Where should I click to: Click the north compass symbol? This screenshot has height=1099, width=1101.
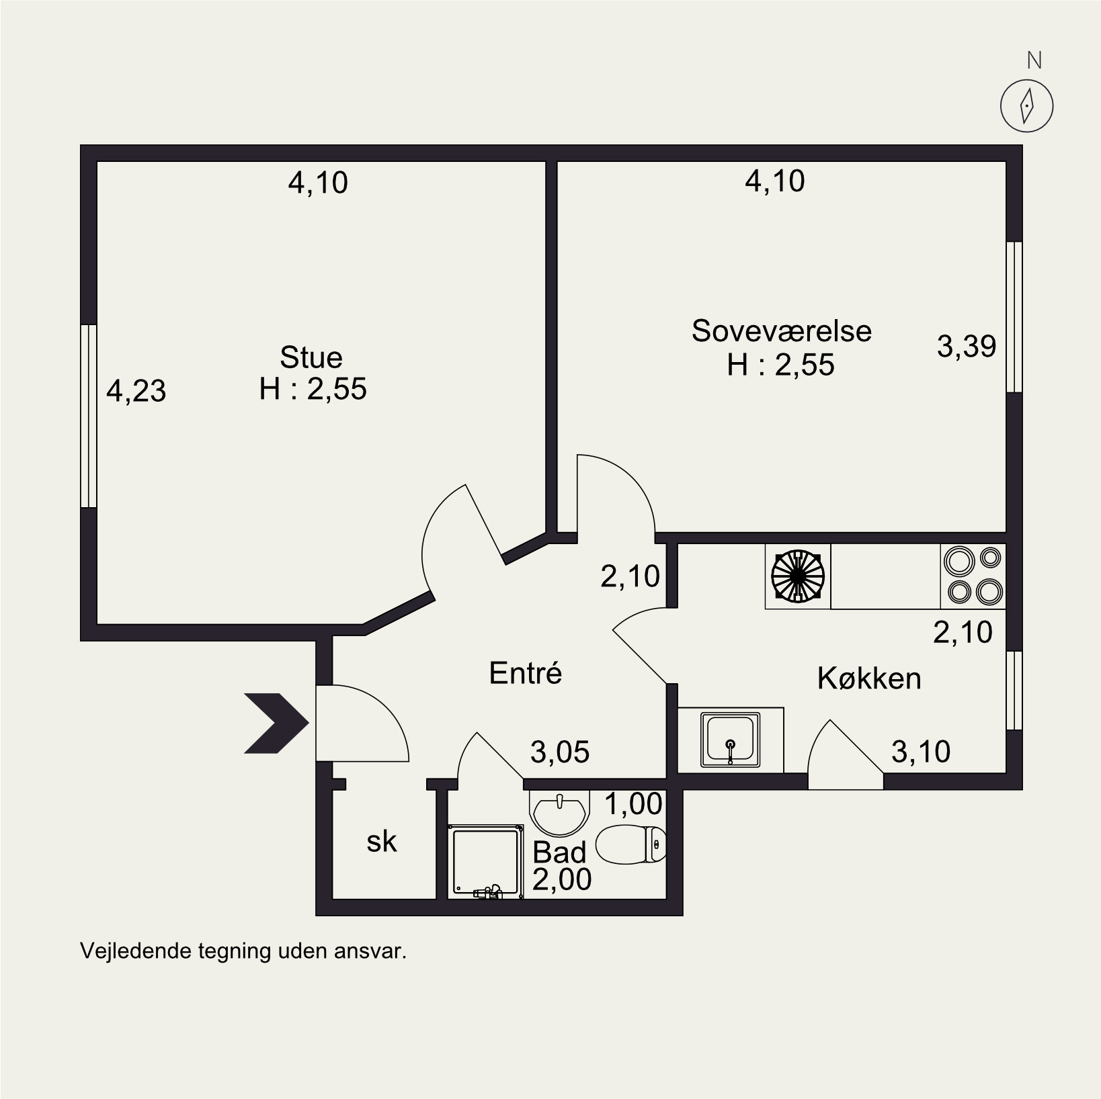click(x=1026, y=105)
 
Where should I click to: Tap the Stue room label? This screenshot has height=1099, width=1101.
click(x=311, y=357)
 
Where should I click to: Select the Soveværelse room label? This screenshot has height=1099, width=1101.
click(x=781, y=331)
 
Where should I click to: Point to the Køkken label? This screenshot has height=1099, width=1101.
click(x=869, y=678)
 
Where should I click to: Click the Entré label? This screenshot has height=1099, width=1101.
click(x=525, y=672)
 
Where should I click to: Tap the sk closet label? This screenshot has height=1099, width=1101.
click(x=382, y=842)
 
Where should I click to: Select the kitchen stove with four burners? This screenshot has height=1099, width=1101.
click(x=973, y=576)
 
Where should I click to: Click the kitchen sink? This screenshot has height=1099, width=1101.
click(x=730, y=739)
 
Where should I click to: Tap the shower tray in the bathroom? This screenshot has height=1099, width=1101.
click(x=486, y=862)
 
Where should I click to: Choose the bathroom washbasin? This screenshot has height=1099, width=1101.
click(x=559, y=811)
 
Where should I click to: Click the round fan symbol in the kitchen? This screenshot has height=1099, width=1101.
click(x=797, y=576)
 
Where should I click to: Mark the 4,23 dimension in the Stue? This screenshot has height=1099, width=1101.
click(x=136, y=391)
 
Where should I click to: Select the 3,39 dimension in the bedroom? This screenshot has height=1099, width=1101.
click(x=967, y=347)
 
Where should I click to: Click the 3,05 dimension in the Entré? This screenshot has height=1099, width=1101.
click(x=560, y=752)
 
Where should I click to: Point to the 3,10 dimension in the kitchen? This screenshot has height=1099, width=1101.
click(x=921, y=752)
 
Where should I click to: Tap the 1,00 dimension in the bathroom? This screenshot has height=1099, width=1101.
click(x=633, y=803)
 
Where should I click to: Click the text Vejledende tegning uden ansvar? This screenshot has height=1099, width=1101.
click(x=244, y=951)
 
